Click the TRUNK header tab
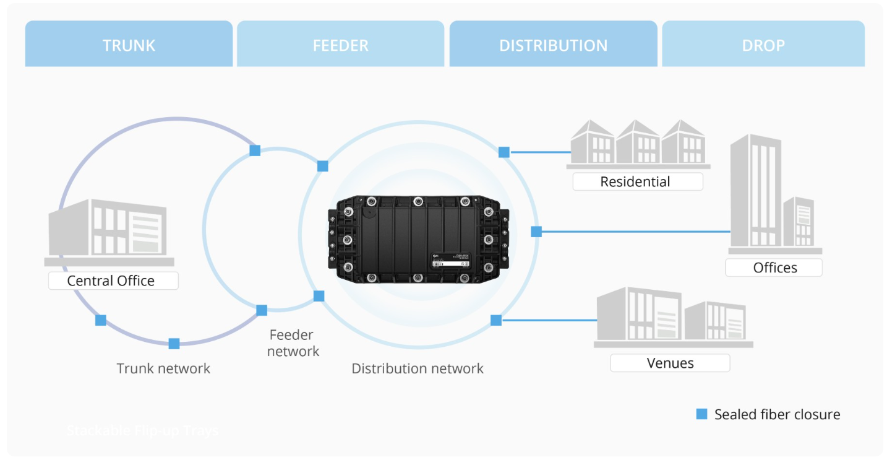click(129, 45)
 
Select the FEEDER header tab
click(340, 45)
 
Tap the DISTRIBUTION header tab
click(553, 45)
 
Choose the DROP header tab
click(763, 45)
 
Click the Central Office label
click(111, 281)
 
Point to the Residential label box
click(635, 181)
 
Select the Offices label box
click(774, 268)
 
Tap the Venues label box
click(670, 363)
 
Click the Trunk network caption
click(163, 368)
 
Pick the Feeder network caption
click(293, 343)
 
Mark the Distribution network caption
click(418, 368)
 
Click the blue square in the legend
click(701, 414)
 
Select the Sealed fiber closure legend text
click(777, 414)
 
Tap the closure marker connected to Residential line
click(504, 152)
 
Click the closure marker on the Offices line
click(536, 232)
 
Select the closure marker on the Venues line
click(496, 320)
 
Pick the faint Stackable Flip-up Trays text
click(142, 430)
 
